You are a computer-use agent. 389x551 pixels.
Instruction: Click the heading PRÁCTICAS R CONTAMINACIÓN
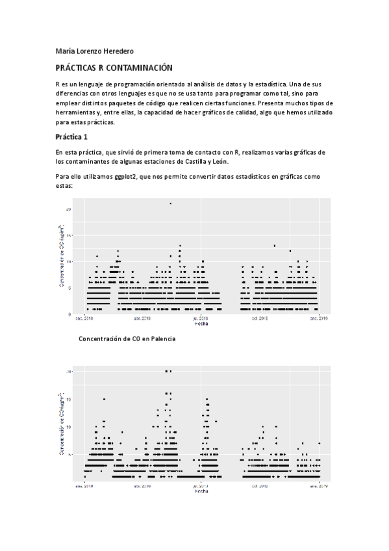[114, 68]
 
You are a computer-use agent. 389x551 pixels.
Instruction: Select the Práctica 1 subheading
[71, 137]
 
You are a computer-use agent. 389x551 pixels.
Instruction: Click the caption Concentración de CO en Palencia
[127, 339]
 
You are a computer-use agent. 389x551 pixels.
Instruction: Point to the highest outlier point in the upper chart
[171, 203]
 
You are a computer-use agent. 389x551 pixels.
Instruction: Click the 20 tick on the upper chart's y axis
[68, 209]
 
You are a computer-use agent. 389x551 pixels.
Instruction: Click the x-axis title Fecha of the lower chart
[201, 491]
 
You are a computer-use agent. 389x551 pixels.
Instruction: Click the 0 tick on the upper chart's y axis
[69, 314]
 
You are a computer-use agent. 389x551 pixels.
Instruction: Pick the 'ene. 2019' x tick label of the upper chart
[318, 319]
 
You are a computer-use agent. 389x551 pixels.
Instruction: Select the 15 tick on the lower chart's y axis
[68, 399]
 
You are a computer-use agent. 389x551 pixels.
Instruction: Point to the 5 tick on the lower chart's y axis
[69, 454]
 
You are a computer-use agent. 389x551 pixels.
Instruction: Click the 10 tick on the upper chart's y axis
[68, 261]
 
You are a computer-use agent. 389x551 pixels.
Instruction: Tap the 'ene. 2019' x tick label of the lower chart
[318, 485]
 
